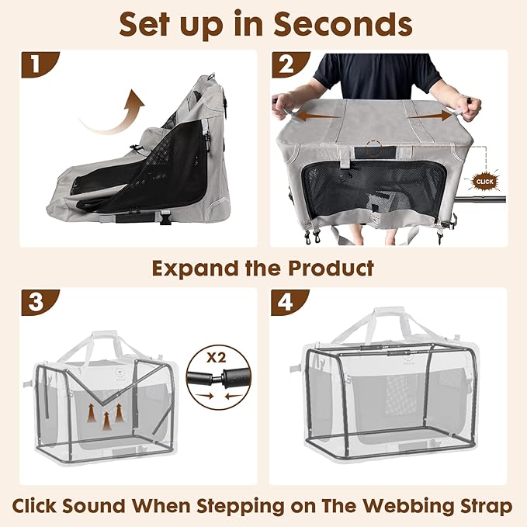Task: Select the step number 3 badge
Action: point(32,302)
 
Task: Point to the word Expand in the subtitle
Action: point(193,269)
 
